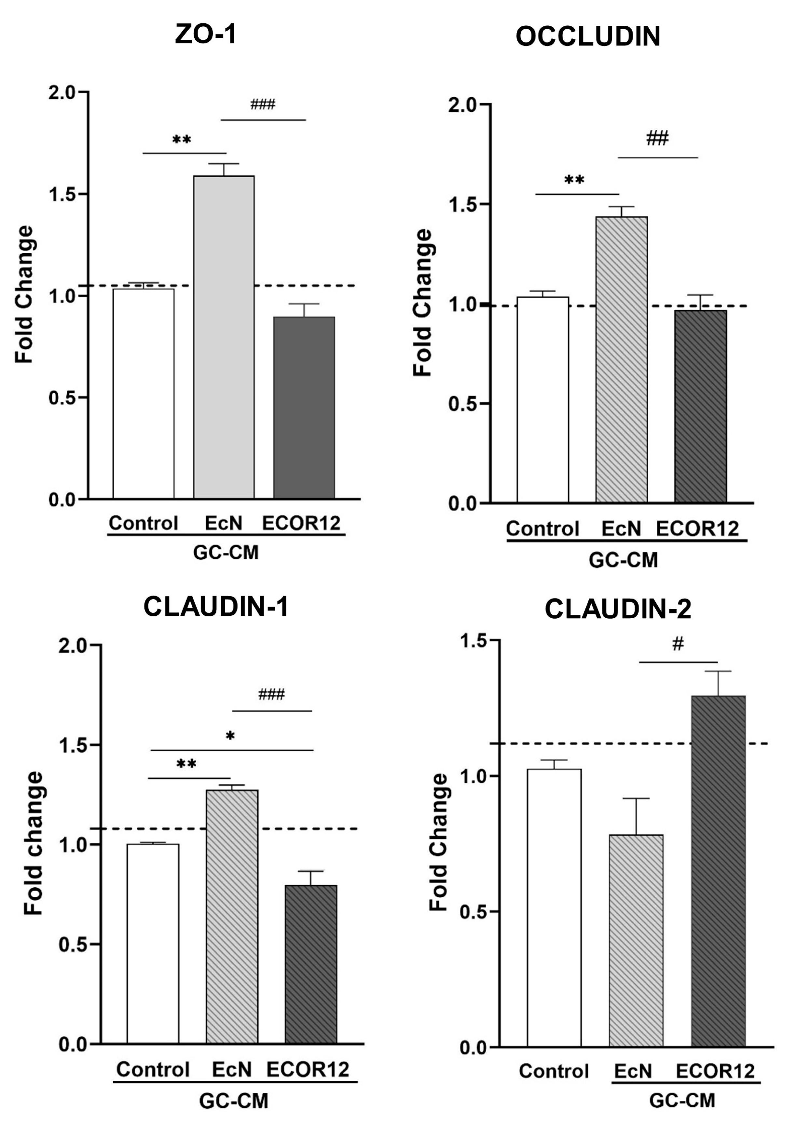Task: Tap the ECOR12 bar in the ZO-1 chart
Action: click(x=304, y=408)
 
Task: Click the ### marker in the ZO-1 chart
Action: click(x=263, y=104)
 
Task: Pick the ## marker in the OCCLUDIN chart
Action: click(x=657, y=138)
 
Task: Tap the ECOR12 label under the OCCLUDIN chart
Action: click(x=697, y=529)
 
